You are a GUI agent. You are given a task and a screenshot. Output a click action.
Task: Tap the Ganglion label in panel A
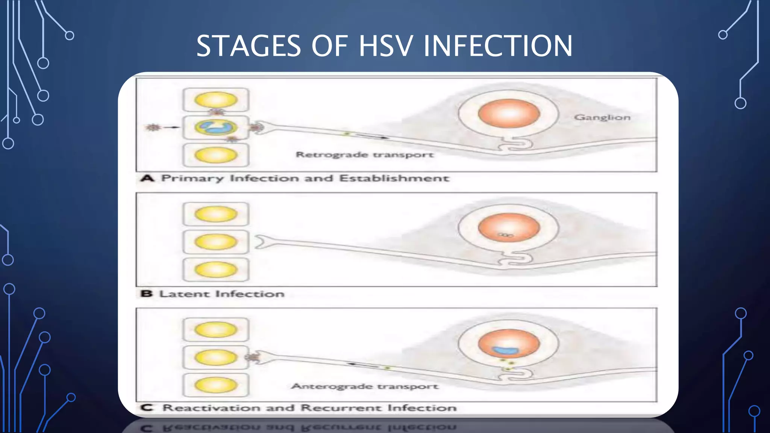click(x=602, y=117)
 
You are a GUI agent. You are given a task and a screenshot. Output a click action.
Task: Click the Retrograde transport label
click(x=364, y=154)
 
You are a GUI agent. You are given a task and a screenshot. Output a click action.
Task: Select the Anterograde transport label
click(x=364, y=386)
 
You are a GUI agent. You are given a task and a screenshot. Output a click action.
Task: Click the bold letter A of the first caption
click(x=147, y=178)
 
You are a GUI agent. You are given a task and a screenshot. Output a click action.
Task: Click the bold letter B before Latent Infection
click(x=146, y=293)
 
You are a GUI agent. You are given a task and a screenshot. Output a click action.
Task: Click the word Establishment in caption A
click(x=394, y=178)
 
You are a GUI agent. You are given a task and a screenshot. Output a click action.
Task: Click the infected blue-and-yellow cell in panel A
click(x=216, y=127)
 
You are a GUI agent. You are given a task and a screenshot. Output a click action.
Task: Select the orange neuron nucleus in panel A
click(x=509, y=114)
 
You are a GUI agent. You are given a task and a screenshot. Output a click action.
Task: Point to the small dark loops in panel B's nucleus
click(x=506, y=235)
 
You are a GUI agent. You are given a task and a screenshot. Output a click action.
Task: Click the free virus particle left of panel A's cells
click(x=153, y=127)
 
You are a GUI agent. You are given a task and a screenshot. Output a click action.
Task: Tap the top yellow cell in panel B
click(x=216, y=214)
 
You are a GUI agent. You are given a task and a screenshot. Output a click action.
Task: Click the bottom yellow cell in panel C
click(x=216, y=385)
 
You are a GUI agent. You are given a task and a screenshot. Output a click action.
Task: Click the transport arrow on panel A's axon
click(x=370, y=136)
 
